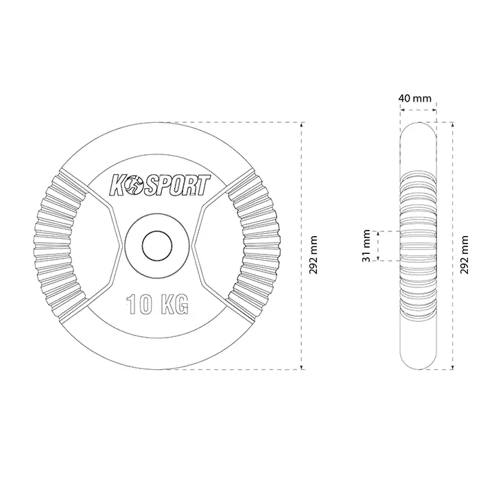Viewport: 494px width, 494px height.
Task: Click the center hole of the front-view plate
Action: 157,246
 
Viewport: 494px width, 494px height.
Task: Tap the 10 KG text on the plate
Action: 157,305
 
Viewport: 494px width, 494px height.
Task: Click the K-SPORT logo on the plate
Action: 160,185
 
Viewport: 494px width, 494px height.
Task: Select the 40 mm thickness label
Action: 414,98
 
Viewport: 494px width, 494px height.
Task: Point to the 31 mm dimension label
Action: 366,246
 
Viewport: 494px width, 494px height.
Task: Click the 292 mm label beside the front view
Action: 313,255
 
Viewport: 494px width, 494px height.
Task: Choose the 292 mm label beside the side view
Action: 464,255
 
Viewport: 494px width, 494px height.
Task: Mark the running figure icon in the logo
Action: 133,186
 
